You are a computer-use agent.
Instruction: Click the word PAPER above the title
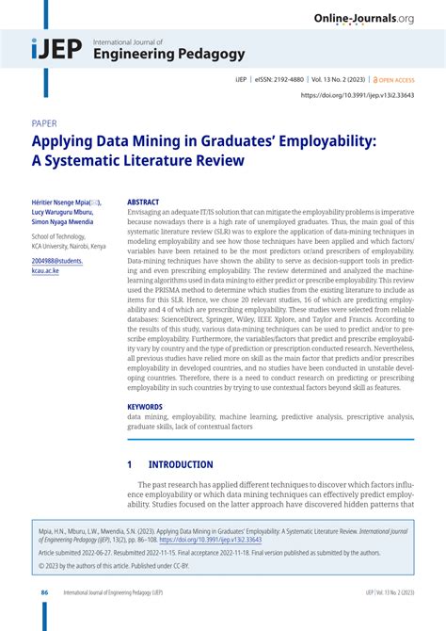tap(43, 124)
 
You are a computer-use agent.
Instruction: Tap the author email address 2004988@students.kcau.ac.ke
tap(57, 265)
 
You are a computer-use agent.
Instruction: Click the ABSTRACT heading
tap(143, 202)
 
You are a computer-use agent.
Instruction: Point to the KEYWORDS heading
tap(145, 407)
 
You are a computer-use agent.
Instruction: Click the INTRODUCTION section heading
tap(181, 465)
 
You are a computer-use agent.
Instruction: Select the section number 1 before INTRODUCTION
tap(130, 465)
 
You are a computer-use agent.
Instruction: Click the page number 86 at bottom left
tap(44, 592)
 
